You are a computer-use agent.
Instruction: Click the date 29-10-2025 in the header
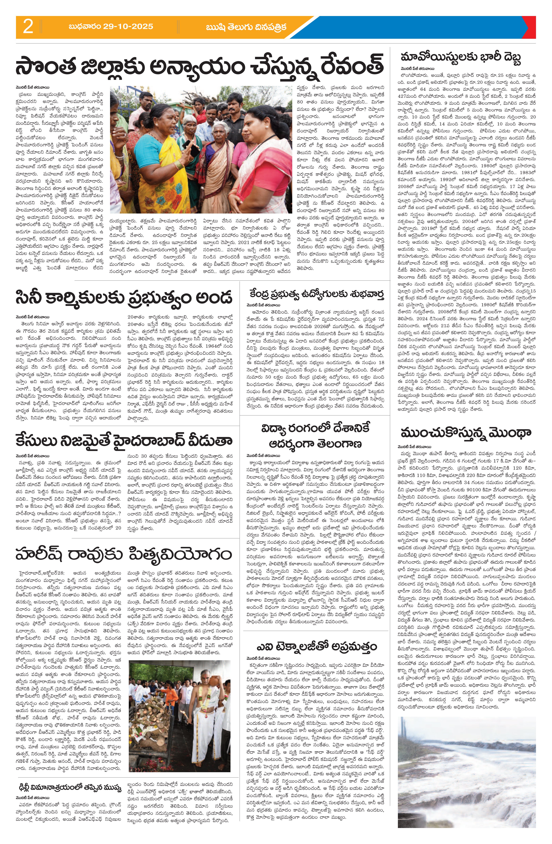pyautogui.click(x=111, y=27)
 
